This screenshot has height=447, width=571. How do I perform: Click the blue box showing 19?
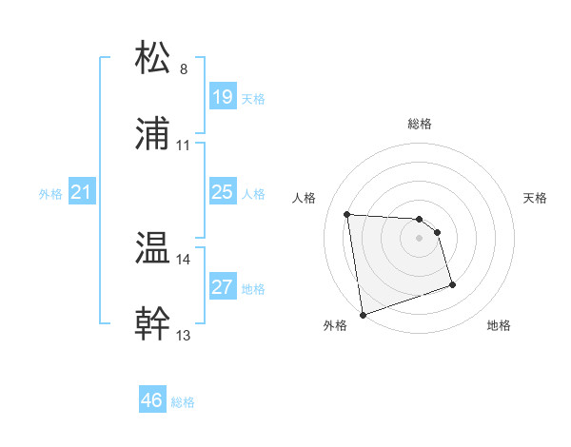pyautogui.click(x=222, y=97)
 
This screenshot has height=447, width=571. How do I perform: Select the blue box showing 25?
pyautogui.click(x=222, y=192)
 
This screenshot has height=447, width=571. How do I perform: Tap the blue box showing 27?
pyautogui.click(x=222, y=287)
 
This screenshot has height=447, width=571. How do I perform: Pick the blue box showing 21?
pyautogui.click(x=82, y=192)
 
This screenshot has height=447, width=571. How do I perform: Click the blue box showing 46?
pyautogui.click(x=151, y=400)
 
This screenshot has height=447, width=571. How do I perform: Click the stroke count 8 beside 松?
pyautogui.click(x=184, y=69)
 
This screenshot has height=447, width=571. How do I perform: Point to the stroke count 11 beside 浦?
pyautogui.click(x=184, y=146)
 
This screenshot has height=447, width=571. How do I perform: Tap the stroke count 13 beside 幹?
pyautogui.click(x=184, y=335)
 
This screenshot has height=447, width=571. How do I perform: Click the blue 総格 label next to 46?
pyautogui.click(x=183, y=402)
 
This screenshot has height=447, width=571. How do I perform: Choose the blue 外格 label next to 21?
pyautogui.click(x=50, y=194)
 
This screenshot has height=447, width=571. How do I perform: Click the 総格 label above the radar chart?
pyautogui.click(x=420, y=124)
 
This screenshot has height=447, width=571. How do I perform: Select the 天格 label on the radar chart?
pyautogui.click(x=535, y=198)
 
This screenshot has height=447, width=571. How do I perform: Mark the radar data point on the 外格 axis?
pyautogui.click(x=363, y=314)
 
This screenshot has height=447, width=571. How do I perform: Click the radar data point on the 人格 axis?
pyautogui.click(x=347, y=214)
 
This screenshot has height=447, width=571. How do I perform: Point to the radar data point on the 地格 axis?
pyautogui.click(x=452, y=284)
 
